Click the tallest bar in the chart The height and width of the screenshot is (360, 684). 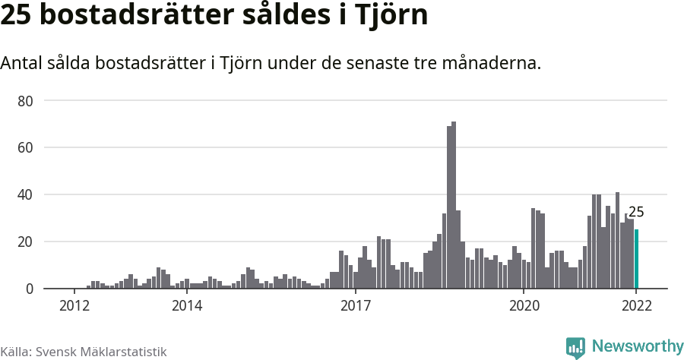pos(454,205)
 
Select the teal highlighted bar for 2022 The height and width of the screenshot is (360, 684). pos(636,259)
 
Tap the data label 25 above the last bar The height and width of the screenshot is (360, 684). pos(636,213)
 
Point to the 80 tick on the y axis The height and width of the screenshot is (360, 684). pos(27,100)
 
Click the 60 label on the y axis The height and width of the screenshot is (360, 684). pos(27,147)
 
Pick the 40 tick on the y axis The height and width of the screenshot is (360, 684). pos(27,194)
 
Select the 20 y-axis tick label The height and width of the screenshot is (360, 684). pos(27,242)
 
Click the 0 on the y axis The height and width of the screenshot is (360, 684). pos(30,289)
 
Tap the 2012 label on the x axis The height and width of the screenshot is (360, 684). pos(74,306)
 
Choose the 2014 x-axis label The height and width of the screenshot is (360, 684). pos(187,306)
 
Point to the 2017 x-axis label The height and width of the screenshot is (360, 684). pos(355,306)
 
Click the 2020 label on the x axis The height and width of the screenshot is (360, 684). pos(523,306)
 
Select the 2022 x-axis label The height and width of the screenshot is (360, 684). pos(636,306)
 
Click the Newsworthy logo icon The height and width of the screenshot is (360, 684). pos(575,348)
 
